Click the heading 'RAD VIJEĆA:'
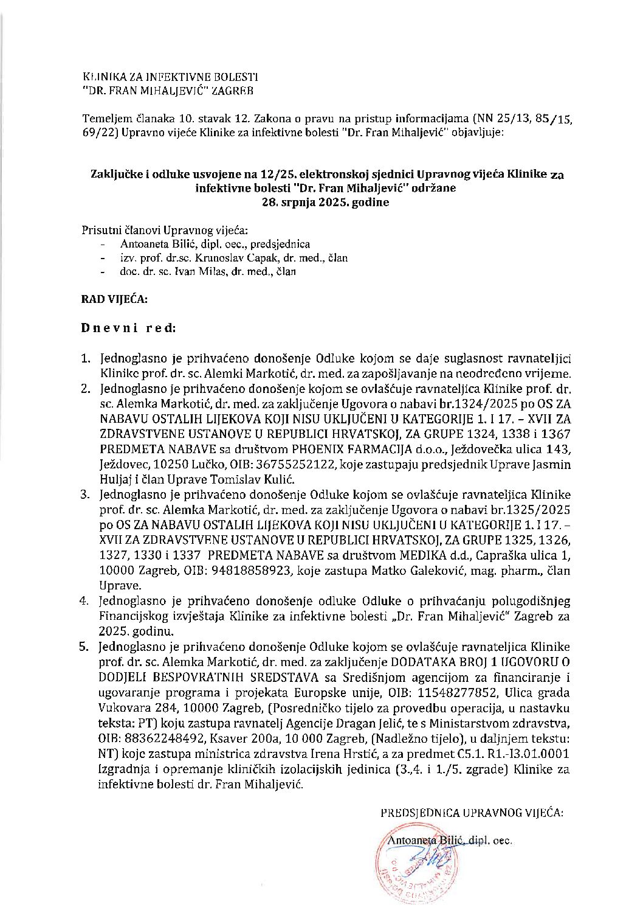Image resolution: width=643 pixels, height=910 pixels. [x=114, y=299]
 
